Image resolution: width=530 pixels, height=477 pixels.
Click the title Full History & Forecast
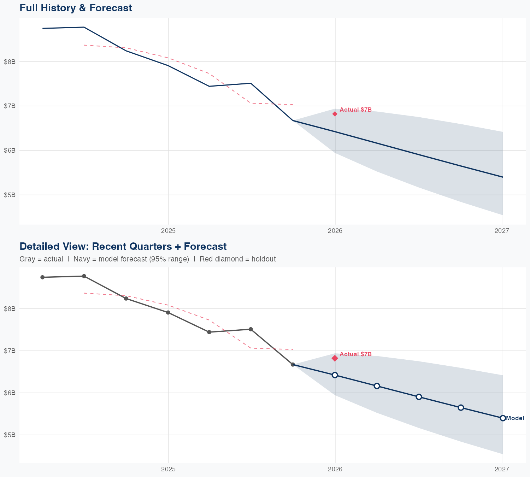point(76,8)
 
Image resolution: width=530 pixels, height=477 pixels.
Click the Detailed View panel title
point(123,246)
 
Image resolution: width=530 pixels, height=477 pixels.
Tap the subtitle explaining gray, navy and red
point(148,259)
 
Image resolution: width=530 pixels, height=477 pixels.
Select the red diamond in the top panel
point(335,114)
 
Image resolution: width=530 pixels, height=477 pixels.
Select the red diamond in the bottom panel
point(335,358)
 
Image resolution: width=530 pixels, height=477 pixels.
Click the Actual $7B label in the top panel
point(355,110)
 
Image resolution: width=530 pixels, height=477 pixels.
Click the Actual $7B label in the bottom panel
point(355,354)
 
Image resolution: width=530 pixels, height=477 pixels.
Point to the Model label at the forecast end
point(515,418)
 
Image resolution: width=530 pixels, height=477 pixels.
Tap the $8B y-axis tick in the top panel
point(10,61)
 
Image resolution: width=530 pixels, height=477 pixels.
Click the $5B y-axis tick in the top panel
point(10,195)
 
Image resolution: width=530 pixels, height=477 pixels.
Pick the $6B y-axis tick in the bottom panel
point(10,393)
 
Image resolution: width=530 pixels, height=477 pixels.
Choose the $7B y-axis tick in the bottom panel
point(10,351)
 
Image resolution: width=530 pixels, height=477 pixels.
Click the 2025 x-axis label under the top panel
point(168,231)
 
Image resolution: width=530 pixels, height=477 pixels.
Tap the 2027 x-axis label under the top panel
point(502,231)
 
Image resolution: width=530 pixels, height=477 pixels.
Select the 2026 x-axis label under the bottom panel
point(335,469)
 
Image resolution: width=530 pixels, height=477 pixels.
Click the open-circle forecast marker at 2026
point(335,375)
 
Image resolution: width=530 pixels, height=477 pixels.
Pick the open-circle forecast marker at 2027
point(503,418)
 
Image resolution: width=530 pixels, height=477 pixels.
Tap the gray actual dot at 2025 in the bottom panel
point(168,313)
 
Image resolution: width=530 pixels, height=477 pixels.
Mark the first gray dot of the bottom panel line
point(42,277)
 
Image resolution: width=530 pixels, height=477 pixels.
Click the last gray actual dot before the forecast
point(293,365)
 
